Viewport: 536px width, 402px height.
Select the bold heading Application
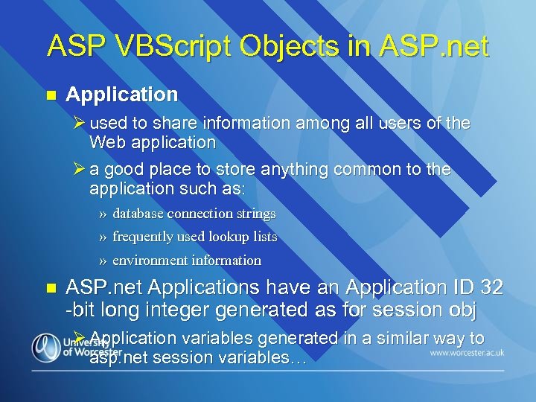point(122,95)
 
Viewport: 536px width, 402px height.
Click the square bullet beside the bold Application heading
point(51,95)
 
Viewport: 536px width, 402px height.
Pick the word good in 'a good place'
point(129,169)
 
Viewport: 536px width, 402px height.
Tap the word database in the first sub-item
point(138,214)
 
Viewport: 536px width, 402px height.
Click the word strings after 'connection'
point(256,214)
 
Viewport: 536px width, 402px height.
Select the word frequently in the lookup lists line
point(143,237)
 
